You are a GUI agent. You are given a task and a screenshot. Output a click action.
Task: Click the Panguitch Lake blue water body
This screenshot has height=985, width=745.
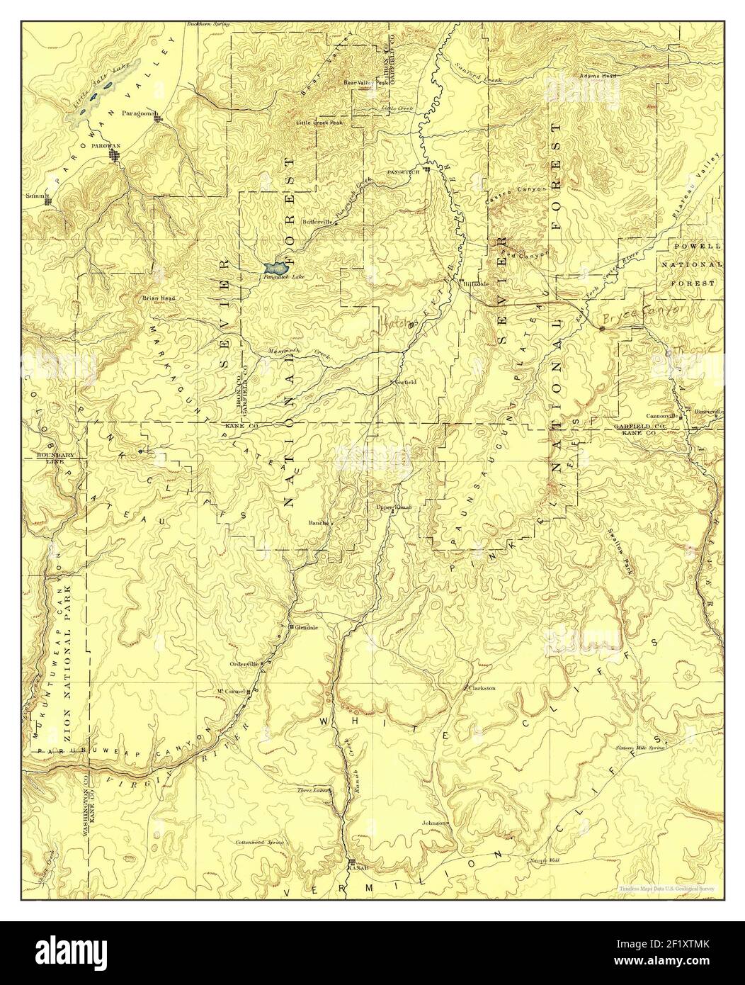274,269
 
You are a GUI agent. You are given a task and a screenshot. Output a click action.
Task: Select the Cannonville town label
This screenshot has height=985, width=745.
662,416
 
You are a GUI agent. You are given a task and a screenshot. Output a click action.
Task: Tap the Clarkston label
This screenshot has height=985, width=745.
482,688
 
